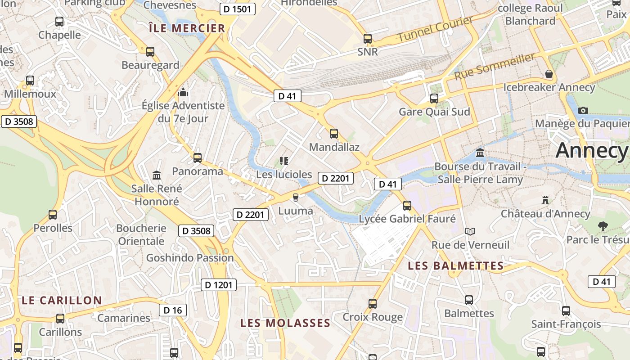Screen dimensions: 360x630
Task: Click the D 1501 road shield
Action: pyautogui.click(x=238, y=9)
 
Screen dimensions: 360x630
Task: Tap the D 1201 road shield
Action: pyautogui.click(x=218, y=285)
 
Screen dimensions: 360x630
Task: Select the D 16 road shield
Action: pyautogui.click(x=173, y=310)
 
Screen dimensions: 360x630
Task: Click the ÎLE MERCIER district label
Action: pyautogui.click(x=187, y=28)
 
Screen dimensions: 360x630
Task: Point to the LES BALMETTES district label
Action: pyautogui.click(x=455, y=266)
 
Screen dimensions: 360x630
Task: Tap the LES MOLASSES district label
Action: pyautogui.click(x=285, y=323)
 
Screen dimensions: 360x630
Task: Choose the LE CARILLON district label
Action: pyautogui.click(x=62, y=300)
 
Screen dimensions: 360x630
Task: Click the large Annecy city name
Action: pyautogui.click(x=592, y=150)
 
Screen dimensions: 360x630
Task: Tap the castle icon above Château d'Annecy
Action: pyautogui.click(x=545, y=199)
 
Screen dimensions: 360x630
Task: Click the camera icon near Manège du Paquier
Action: pyautogui.click(x=583, y=110)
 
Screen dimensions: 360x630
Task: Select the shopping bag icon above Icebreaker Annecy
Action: pyautogui.click(x=549, y=74)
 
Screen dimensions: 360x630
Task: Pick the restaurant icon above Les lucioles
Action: pyautogui.click(x=283, y=161)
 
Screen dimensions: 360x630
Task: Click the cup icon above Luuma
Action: pyautogui.click(x=296, y=197)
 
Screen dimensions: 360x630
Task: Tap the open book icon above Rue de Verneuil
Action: pyautogui.click(x=470, y=231)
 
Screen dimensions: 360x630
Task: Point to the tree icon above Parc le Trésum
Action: pyautogui.click(x=603, y=226)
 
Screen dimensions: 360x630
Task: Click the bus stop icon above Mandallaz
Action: pyautogui.click(x=334, y=134)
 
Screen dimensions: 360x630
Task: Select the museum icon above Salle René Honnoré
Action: pyautogui.click(x=157, y=175)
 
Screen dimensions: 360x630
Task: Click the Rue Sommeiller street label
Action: pyautogui.click(x=495, y=66)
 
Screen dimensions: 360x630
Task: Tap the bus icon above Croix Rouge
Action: pyautogui.click(x=373, y=303)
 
